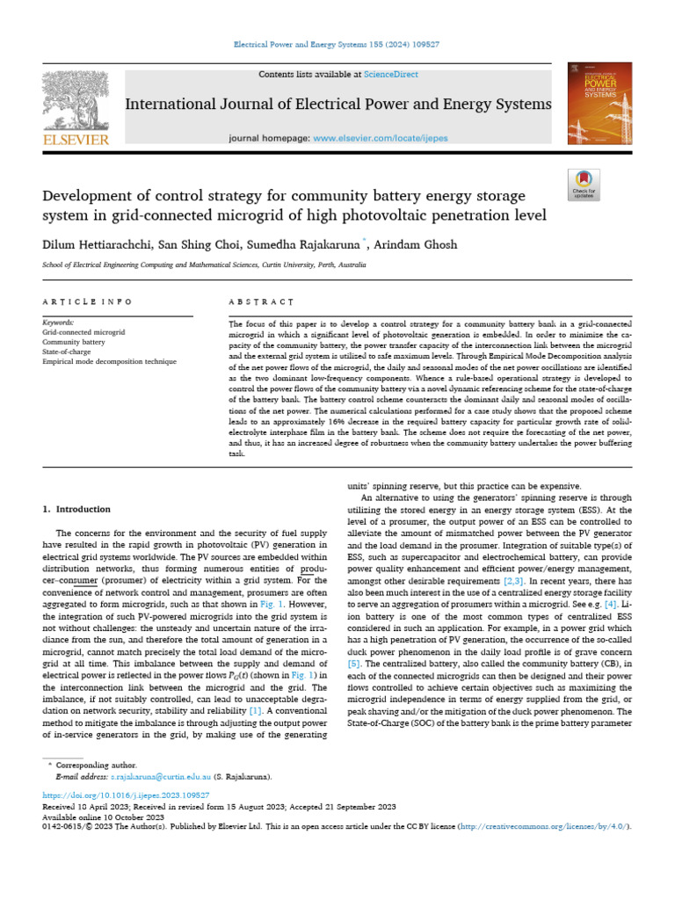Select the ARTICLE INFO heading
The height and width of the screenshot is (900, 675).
click(x=87, y=301)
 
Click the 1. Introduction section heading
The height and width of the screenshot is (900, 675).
click(x=76, y=509)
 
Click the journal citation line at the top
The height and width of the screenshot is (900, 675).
click(x=337, y=45)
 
